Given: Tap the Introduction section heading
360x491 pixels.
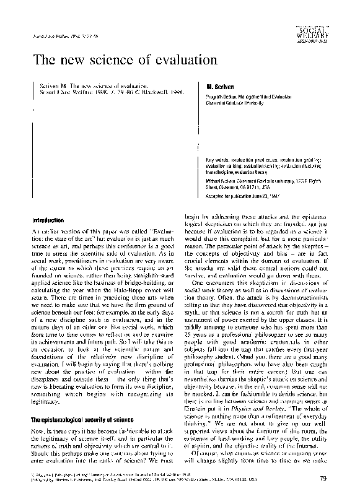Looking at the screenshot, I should [x=49, y=220].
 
